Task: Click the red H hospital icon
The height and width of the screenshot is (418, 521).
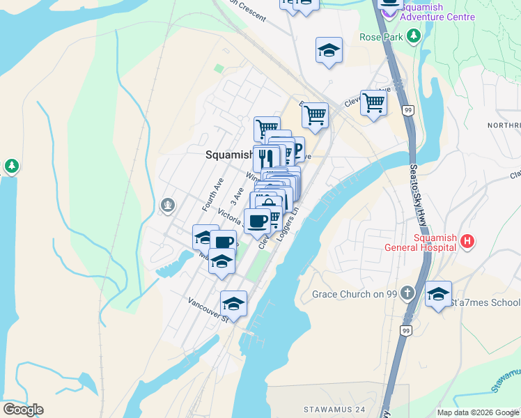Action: [467, 241]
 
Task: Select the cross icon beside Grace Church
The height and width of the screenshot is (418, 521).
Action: [410, 293]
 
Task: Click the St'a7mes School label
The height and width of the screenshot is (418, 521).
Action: [485, 302]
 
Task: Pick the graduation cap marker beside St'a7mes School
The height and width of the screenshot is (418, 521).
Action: [438, 294]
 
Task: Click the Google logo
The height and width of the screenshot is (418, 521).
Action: [22, 410]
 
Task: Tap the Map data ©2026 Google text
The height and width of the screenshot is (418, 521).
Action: [478, 412]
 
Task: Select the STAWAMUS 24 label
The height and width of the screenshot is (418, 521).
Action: [334, 408]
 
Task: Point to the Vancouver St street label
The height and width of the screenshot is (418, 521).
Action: [207, 310]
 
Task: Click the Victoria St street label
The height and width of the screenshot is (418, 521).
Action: [230, 214]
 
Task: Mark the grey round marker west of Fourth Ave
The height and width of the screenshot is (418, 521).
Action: [166, 204]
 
